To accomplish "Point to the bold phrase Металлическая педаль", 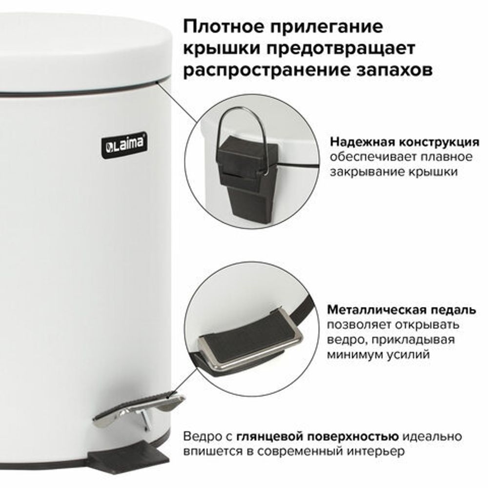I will coord(401,310).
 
